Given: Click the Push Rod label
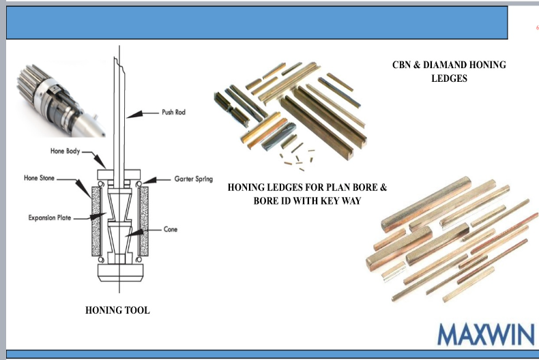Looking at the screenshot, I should point(173,112).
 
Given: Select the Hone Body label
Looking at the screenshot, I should point(65,151).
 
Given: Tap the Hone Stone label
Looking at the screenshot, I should point(40,179).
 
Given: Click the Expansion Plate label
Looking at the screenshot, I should point(50,218).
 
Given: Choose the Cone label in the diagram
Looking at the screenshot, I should point(171,230).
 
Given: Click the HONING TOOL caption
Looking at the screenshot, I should point(117,310).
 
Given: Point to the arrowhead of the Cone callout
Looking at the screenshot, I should point(137,234).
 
